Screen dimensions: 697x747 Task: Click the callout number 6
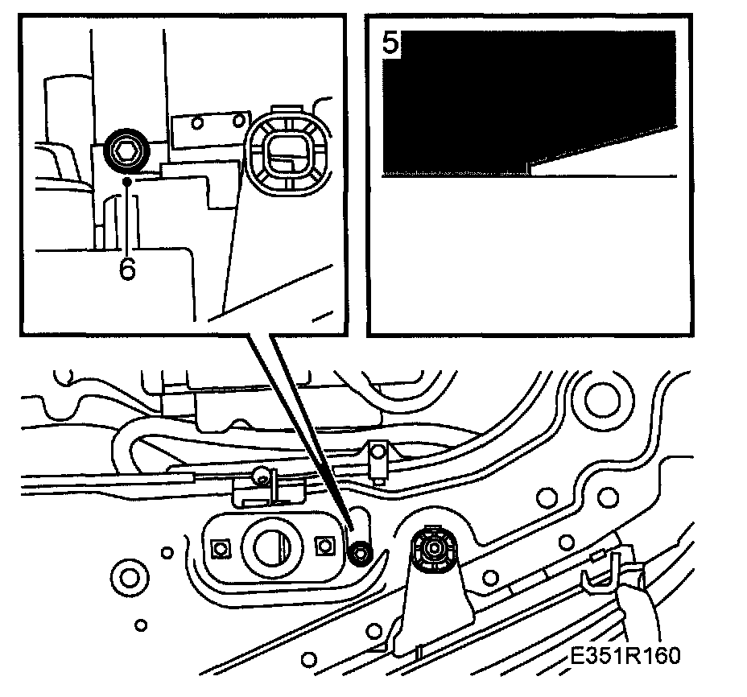pyautogui.click(x=127, y=268)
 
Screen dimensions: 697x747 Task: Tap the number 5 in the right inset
pyautogui.click(x=390, y=43)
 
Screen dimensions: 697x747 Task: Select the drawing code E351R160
pyautogui.click(x=621, y=656)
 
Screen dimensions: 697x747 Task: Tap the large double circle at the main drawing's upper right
pyautogui.click(x=600, y=397)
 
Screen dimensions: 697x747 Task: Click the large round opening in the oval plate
pyautogui.click(x=268, y=547)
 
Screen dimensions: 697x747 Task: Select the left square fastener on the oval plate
pyautogui.click(x=217, y=549)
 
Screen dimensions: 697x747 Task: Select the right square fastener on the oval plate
pyautogui.click(x=324, y=545)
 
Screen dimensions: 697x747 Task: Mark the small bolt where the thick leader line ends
pyautogui.click(x=360, y=551)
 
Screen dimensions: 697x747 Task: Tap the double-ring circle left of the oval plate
pyautogui.click(x=127, y=575)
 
